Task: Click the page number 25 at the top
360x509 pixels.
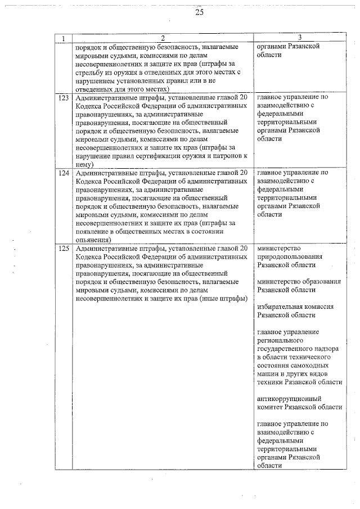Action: (x=199, y=13)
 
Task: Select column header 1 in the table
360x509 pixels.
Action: (x=64, y=38)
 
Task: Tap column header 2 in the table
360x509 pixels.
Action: (x=163, y=38)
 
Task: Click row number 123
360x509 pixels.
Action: (x=64, y=97)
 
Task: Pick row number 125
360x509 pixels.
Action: (x=64, y=249)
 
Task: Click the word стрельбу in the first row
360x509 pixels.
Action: (x=89, y=73)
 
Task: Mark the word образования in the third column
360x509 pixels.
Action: (x=319, y=282)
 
